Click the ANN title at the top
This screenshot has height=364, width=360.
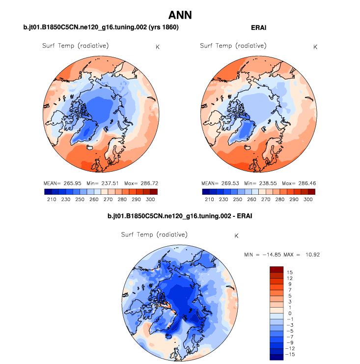[x=180, y=15]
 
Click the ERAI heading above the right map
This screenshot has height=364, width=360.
[x=258, y=27]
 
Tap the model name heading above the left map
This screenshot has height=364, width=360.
[x=101, y=27]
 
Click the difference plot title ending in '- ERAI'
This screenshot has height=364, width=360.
[x=180, y=216]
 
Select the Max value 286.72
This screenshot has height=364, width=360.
[x=141, y=183]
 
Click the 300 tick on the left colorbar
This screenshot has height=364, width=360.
[x=151, y=200]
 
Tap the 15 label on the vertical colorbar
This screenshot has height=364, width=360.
[x=290, y=271]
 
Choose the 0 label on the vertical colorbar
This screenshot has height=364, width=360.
[x=290, y=312]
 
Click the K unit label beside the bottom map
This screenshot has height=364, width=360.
[x=237, y=236]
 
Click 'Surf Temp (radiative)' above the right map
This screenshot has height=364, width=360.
[x=233, y=46]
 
